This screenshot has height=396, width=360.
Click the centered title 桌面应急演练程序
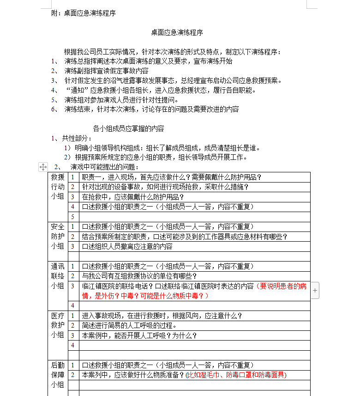click(177, 33)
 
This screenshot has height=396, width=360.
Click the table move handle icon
click(43, 167)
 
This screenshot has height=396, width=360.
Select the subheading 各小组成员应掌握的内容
click(128, 128)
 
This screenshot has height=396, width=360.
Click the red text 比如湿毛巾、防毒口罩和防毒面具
click(236, 375)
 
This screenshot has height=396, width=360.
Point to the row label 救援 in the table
click(58, 177)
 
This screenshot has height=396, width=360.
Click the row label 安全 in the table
click(58, 227)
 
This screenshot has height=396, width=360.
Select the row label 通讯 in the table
click(58, 267)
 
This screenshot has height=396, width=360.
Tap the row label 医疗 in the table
click(58, 316)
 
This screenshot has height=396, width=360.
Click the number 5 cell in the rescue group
click(72, 217)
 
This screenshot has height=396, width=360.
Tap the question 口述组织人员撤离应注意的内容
click(127, 246)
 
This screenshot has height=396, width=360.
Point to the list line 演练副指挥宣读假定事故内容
click(106, 71)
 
